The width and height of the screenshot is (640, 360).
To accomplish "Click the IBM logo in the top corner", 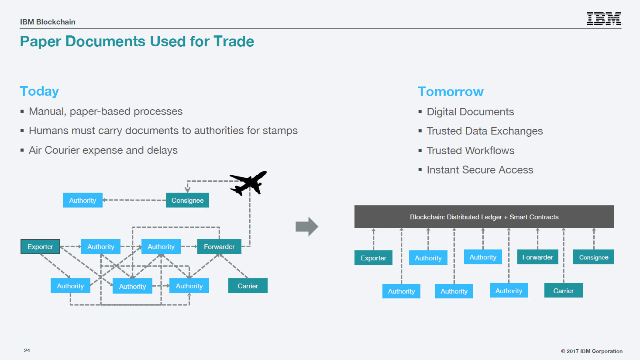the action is (604, 18).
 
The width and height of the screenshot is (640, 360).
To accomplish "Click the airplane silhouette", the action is (248, 183).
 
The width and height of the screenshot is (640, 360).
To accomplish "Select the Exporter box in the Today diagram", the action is (40, 246).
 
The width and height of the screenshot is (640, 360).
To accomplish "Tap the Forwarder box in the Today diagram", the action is (219, 246).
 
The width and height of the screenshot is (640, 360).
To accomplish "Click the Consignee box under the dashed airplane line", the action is (187, 200).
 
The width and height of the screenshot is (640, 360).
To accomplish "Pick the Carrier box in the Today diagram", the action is (248, 286).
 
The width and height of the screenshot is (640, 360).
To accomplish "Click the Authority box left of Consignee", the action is (83, 200).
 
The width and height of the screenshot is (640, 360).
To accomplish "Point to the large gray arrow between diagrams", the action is (307, 226).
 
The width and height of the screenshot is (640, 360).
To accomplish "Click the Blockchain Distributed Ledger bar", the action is (484, 217).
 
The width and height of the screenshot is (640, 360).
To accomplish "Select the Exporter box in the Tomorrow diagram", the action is (373, 258).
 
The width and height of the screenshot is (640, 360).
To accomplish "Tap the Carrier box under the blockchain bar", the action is (564, 291).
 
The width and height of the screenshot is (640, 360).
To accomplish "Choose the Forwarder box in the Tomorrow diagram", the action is (538, 257).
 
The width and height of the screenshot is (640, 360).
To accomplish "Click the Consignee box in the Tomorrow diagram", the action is (594, 257).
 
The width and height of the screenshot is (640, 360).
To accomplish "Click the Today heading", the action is (39, 91).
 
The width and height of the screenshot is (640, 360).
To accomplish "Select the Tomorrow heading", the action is (451, 92).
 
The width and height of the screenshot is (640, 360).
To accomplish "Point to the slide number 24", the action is (27, 350).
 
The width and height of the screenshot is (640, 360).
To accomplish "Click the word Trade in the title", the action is (234, 41).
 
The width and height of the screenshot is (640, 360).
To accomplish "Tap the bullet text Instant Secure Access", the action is (480, 170).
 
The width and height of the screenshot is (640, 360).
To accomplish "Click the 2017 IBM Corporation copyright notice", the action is (592, 351).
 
